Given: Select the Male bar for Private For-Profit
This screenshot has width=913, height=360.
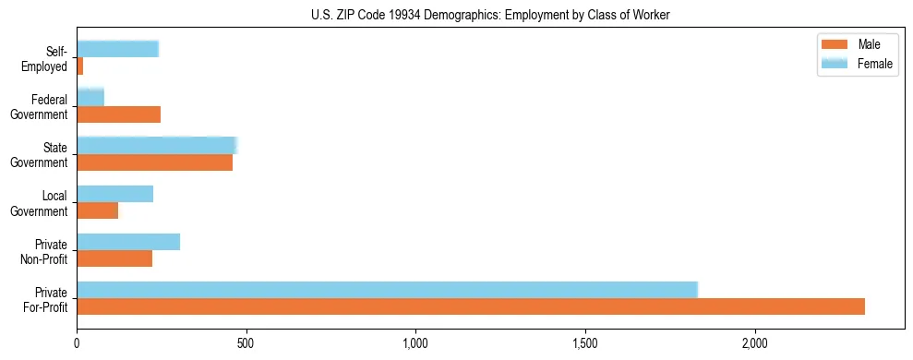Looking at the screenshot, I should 471,306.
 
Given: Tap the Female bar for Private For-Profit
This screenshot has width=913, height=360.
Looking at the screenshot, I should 387,289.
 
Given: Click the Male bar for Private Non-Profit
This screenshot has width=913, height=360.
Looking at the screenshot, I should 114,258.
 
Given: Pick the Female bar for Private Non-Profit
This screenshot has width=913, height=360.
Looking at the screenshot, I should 128,242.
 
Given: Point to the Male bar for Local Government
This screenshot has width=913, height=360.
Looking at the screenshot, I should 98,210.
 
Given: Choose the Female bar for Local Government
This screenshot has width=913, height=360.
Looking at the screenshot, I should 115,194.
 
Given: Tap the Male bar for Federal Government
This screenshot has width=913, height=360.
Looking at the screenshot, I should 119,114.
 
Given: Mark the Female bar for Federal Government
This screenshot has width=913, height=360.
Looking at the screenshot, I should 90,97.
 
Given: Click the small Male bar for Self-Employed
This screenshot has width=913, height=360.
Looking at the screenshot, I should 80,66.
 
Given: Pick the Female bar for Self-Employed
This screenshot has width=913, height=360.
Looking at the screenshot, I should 118,49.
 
